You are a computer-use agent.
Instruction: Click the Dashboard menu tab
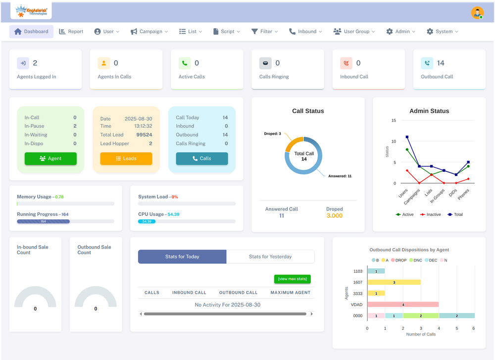[x=31, y=31]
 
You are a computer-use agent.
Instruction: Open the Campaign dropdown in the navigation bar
[x=149, y=31]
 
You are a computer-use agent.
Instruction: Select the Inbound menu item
[x=305, y=31]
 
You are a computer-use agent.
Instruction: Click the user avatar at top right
[x=477, y=13]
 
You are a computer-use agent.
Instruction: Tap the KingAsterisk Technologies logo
[x=31, y=10]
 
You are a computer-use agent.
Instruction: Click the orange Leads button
[x=126, y=158]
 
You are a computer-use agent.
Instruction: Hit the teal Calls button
[x=202, y=158]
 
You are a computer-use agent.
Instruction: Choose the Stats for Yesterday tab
[x=270, y=257]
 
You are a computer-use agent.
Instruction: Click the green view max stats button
[x=293, y=279]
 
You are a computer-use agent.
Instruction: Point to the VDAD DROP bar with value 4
[x=403, y=304]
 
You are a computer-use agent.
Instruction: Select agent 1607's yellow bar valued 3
[x=394, y=282]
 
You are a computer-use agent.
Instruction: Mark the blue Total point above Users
[x=407, y=137]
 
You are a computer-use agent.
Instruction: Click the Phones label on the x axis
[x=463, y=194]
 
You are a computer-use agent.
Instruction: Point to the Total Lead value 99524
[x=144, y=135]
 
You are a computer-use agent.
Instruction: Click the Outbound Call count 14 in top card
[x=441, y=63]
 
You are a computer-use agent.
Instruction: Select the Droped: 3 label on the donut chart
[x=273, y=134]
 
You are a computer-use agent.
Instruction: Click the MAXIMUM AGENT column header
[x=290, y=293]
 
